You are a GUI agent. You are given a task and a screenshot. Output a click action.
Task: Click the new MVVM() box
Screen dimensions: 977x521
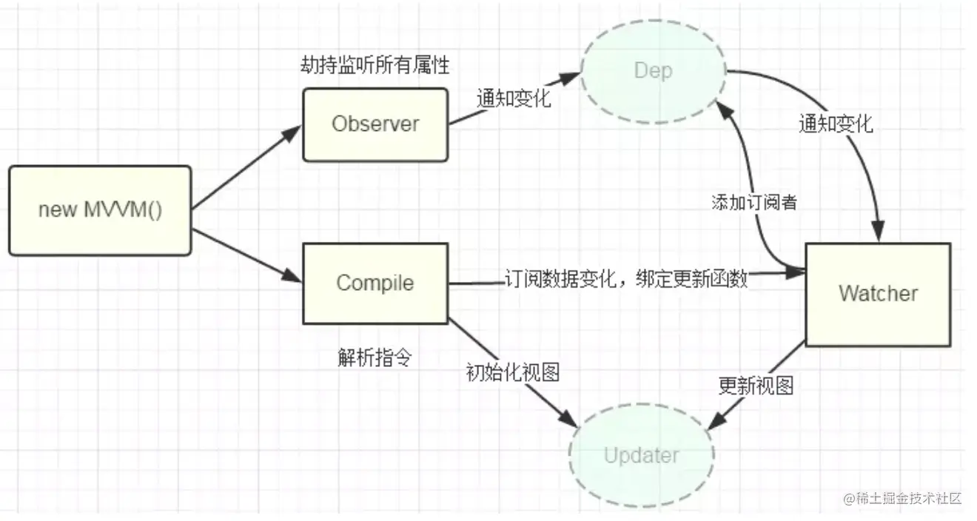click(100, 210)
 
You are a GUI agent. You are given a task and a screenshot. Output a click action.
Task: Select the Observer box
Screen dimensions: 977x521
click(375, 124)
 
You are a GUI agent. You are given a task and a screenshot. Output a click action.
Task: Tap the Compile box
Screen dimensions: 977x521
click(375, 283)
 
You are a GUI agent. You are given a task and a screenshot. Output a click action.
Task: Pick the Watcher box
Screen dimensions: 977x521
click(878, 295)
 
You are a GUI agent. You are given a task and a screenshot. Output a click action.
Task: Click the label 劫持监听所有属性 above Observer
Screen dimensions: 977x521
click(375, 65)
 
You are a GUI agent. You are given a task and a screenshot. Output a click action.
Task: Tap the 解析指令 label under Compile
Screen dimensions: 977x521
click(375, 357)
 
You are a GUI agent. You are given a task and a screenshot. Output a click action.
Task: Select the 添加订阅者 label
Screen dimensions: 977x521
click(754, 202)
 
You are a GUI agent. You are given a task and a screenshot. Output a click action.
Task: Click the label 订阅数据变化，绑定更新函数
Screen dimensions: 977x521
click(626, 278)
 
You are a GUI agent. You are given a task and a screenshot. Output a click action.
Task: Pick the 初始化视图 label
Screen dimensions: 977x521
click(513, 372)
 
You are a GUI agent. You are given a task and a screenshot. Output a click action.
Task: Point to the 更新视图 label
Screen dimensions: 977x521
click(756, 386)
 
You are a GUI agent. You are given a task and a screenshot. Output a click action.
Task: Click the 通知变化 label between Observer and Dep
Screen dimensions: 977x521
click(514, 98)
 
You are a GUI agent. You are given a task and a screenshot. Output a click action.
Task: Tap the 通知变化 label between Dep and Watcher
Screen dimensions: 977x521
click(836, 124)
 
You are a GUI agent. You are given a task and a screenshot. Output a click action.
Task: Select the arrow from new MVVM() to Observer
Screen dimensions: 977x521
click(247, 167)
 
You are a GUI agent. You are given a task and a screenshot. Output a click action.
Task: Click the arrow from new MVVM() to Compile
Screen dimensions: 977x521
click(247, 255)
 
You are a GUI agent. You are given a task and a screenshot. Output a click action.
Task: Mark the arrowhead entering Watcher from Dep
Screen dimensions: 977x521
click(878, 231)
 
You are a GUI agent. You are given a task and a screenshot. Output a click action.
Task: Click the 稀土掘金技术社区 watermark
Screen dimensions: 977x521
click(902, 498)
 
